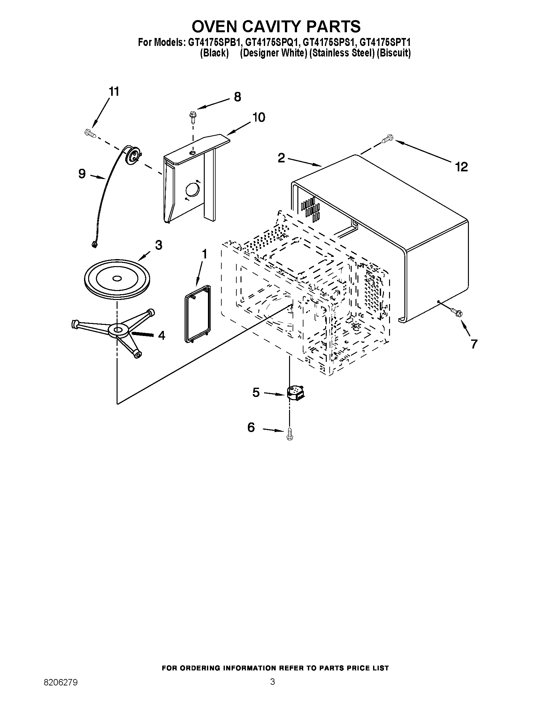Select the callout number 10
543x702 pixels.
(258, 117)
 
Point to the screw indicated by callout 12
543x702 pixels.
(386, 139)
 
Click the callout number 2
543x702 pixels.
(281, 158)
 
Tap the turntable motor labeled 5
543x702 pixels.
(295, 393)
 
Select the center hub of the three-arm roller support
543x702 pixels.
(118, 330)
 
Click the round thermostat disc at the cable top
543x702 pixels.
(133, 156)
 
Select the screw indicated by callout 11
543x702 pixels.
(90, 133)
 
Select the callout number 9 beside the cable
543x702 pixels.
(82, 174)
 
